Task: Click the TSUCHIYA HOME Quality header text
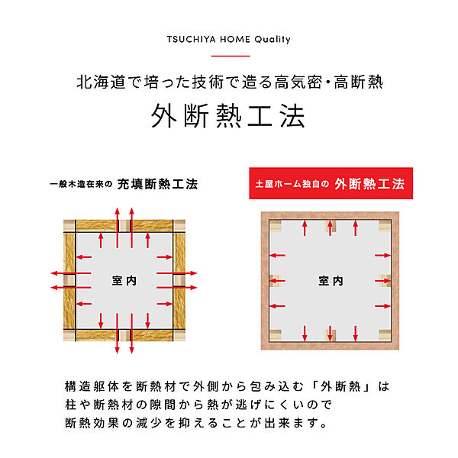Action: [229, 40]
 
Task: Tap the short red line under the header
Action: [231, 56]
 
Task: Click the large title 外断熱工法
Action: [228, 116]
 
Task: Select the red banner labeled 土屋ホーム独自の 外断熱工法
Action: [331, 183]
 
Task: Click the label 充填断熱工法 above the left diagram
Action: [158, 184]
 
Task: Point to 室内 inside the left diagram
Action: [124, 281]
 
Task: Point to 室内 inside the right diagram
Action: [331, 281]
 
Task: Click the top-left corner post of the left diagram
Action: [69, 225]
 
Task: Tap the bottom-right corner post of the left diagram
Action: [179, 335]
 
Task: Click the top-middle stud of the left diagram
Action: [124, 225]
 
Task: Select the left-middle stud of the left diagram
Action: [69, 280]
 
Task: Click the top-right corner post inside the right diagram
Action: [385, 226]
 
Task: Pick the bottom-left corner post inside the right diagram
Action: [276, 335]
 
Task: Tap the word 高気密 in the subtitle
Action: [298, 82]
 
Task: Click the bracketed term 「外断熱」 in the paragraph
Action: [341, 386]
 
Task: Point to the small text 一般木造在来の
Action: [81, 184]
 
